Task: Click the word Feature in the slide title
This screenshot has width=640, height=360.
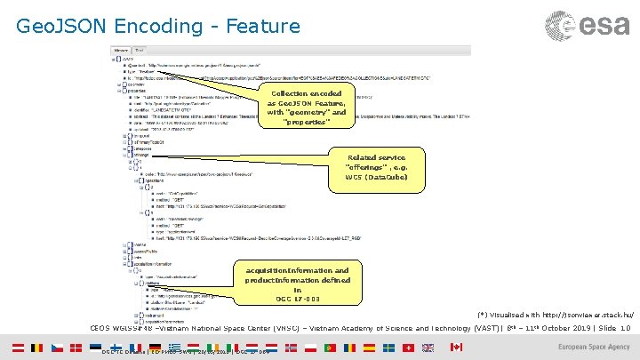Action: tap(263, 27)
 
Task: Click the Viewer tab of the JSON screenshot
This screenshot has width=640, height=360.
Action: tap(123, 50)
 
